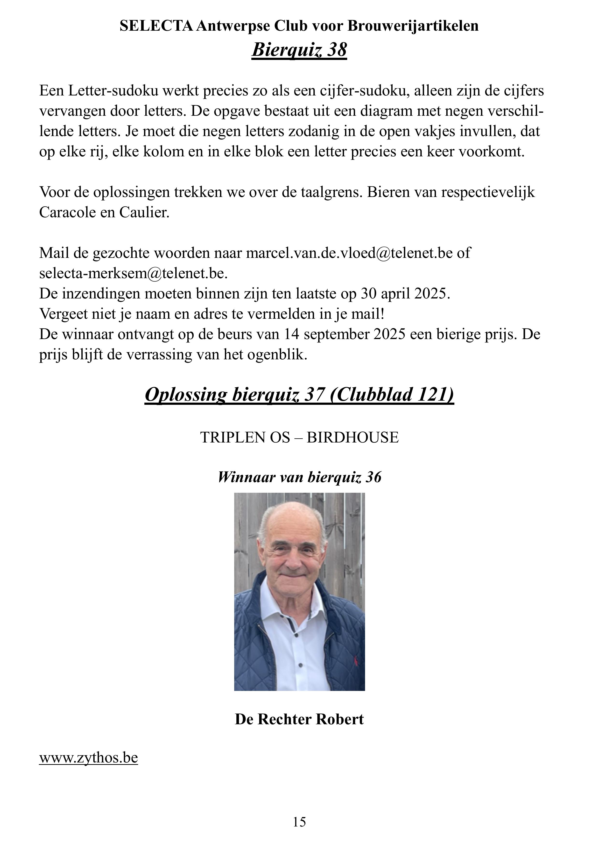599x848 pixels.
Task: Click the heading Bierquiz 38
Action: pos(299,50)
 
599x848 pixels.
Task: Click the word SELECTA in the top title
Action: pos(156,26)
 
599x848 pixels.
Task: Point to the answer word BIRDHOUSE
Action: pos(352,437)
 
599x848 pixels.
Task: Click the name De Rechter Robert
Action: pos(299,719)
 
